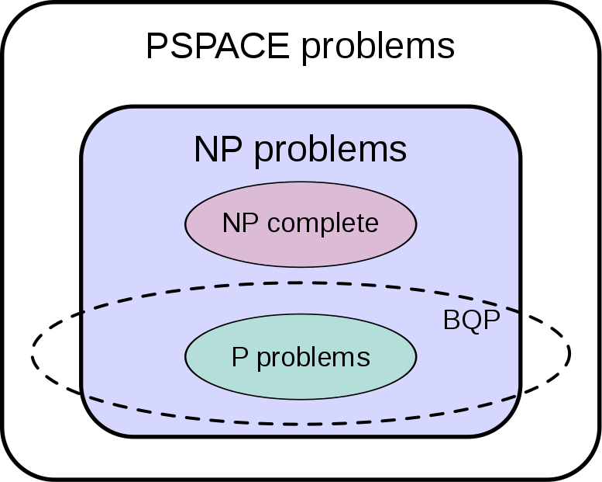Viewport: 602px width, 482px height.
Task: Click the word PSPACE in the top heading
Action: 218,46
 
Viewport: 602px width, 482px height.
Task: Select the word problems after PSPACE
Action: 378,49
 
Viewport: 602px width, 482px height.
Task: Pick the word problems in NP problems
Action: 330,151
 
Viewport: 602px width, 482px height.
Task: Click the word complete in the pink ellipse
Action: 323,224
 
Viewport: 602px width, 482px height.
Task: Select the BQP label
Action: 472,320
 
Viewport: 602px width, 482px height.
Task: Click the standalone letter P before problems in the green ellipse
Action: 239,357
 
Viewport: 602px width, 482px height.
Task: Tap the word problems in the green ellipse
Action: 313,359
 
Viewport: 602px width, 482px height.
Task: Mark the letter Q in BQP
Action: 472,321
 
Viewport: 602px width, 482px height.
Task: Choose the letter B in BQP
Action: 452,320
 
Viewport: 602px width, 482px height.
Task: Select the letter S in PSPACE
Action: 180,46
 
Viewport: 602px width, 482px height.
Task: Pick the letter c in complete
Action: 274,225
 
